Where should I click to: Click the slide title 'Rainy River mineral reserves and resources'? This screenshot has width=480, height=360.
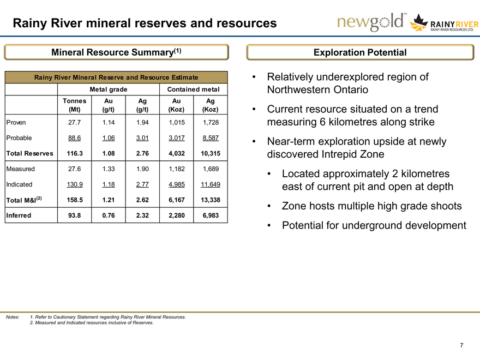145,23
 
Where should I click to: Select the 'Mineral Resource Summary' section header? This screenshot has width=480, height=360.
116,52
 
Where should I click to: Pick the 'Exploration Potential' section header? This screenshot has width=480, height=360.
360,52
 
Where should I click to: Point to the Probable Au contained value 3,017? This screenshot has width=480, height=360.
176,139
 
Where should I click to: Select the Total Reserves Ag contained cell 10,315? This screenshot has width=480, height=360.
207,154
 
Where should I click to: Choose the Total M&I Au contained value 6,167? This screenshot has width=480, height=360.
176,200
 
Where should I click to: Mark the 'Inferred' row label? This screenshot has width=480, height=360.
19,215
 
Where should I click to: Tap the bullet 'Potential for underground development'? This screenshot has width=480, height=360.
374,225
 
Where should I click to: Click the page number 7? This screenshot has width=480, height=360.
461,345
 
